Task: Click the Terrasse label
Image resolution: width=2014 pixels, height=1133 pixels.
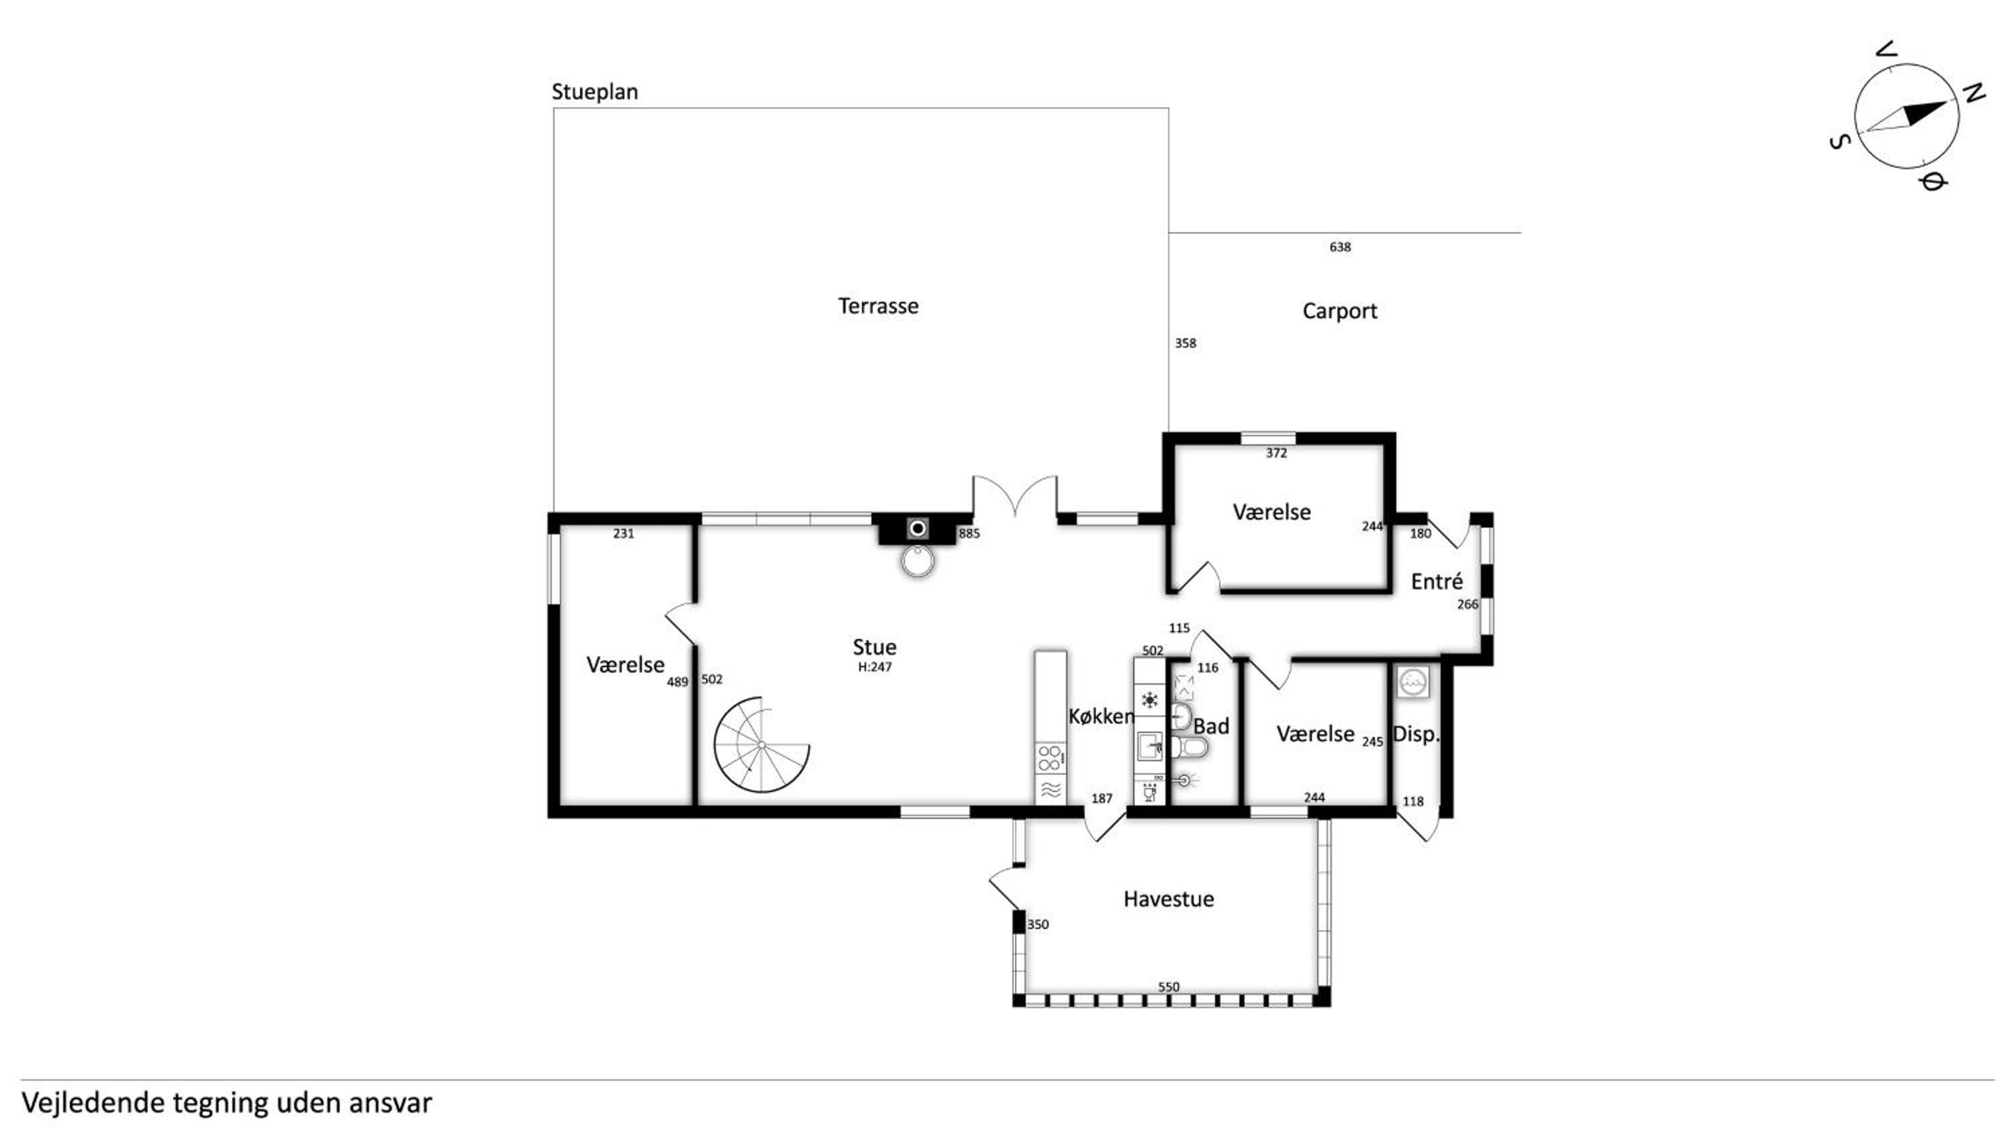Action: coord(878,305)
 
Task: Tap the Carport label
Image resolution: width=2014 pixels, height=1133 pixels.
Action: coord(1339,311)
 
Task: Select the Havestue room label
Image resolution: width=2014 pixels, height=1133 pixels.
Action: coord(1168,899)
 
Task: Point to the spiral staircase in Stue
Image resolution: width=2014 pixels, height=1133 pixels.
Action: coord(761,744)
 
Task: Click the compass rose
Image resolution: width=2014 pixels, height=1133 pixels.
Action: coord(1906,115)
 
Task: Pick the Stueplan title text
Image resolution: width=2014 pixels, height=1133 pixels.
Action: coord(594,92)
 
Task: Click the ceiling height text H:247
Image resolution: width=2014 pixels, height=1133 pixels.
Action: coord(874,667)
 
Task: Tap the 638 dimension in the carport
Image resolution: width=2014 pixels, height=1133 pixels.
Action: coord(1339,247)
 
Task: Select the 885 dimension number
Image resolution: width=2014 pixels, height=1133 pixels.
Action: coord(969,533)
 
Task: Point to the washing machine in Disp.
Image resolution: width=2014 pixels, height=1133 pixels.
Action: coord(1412,681)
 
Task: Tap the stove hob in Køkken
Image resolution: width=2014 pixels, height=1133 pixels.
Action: coord(1050,758)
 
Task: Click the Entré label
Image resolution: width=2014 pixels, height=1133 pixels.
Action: coord(1436,581)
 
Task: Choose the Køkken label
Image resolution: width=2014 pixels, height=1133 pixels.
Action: coord(1101,716)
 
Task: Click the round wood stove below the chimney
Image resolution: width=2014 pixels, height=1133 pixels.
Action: coord(918,560)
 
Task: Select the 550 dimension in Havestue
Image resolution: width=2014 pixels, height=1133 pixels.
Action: coord(1168,987)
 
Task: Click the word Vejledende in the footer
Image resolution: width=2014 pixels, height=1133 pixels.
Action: coord(93,1103)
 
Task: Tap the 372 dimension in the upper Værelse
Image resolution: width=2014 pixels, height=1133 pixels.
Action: coord(1276,453)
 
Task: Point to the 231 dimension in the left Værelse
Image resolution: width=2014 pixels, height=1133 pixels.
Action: coord(623,533)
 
